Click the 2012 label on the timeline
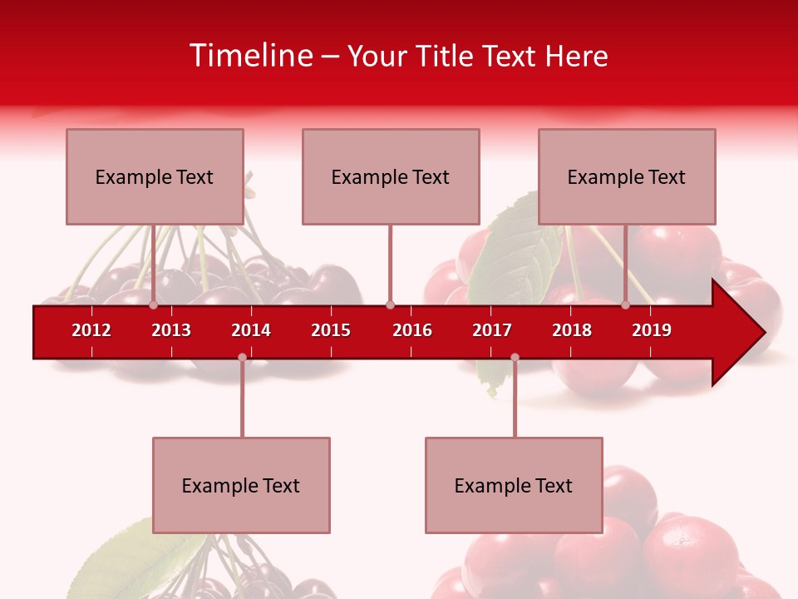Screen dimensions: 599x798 point(91,330)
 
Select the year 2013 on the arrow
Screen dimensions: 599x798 point(171,330)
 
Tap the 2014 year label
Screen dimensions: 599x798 point(251,330)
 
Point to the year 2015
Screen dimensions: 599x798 point(331,330)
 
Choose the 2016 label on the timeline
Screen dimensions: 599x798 point(412,330)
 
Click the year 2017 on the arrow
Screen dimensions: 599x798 point(492,330)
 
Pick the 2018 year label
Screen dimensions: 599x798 point(572,330)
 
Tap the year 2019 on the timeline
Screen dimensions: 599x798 point(652,330)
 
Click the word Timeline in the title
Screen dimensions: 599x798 point(250,56)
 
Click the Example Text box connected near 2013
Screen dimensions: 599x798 point(155,176)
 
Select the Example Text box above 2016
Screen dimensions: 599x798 point(391,176)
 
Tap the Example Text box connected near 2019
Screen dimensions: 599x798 point(627,176)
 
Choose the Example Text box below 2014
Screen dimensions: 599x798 point(241,485)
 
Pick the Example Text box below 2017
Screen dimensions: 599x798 point(514,485)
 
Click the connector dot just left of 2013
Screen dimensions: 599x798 point(154,305)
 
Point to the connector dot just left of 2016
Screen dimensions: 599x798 point(391,305)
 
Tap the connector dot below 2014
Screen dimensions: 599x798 point(242,358)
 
